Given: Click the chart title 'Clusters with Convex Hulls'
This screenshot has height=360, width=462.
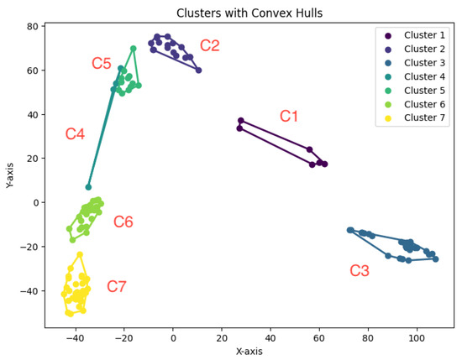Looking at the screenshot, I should [x=251, y=13].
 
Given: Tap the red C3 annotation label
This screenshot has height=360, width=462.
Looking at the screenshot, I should [x=360, y=270].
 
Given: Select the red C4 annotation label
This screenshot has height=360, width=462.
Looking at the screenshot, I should [x=75, y=134].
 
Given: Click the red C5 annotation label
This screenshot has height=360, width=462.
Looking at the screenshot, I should [x=102, y=64].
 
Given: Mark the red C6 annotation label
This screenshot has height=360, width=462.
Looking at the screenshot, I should [x=123, y=222].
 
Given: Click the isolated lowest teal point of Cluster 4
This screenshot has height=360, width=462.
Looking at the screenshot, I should [x=88, y=187].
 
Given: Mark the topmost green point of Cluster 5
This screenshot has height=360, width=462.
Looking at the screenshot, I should [x=134, y=49].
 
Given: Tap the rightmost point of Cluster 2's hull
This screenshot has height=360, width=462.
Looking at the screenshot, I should [x=198, y=70].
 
